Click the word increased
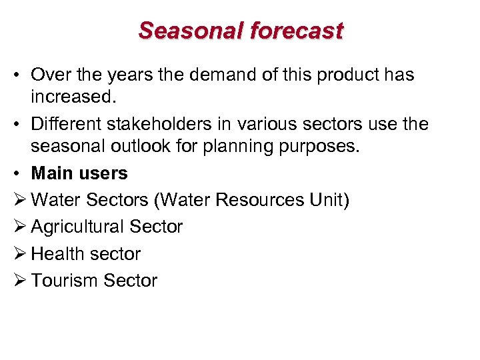tap(73, 97)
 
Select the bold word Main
tap(56, 173)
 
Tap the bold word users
tap(107, 173)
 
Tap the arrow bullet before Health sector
tap(19, 253)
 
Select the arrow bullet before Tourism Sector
tap(19, 280)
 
